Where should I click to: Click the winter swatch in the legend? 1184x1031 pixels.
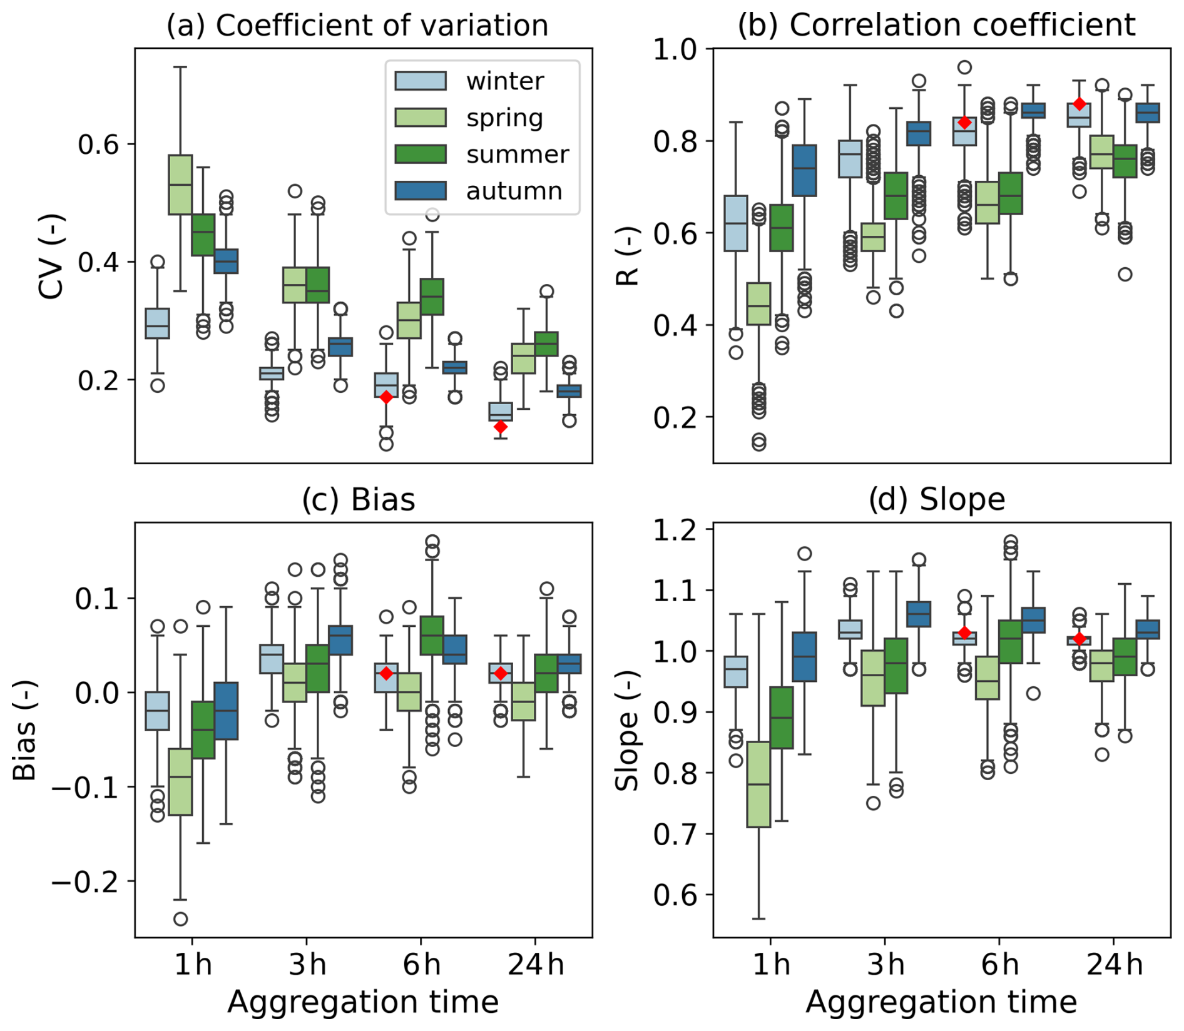pyautogui.click(x=421, y=81)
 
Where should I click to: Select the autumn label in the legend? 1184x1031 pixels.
pyautogui.click(x=514, y=191)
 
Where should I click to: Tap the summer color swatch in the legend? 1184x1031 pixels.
pyautogui.click(x=421, y=154)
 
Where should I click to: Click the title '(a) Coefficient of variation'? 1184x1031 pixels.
pyautogui.click(x=357, y=26)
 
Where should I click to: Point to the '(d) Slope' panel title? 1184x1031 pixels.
pyautogui.click(x=936, y=500)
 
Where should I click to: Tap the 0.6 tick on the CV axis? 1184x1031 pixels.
pyautogui.click(x=98, y=144)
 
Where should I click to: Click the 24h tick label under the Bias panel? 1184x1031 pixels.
pyautogui.click(x=536, y=965)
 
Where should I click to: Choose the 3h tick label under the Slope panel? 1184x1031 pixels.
pyautogui.click(x=885, y=965)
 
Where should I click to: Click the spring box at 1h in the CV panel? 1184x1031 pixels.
pyautogui.click(x=180, y=185)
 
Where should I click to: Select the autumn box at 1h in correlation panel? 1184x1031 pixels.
pyautogui.click(x=805, y=170)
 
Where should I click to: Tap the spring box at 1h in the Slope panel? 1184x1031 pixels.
pyautogui.click(x=758, y=784)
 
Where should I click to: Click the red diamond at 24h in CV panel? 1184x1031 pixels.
pyautogui.click(x=501, y=427)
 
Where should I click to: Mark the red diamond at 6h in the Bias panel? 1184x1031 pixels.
pyautogui.click(x=386, y=673)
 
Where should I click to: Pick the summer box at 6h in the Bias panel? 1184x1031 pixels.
pyautogui.click(x=432, y=636)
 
